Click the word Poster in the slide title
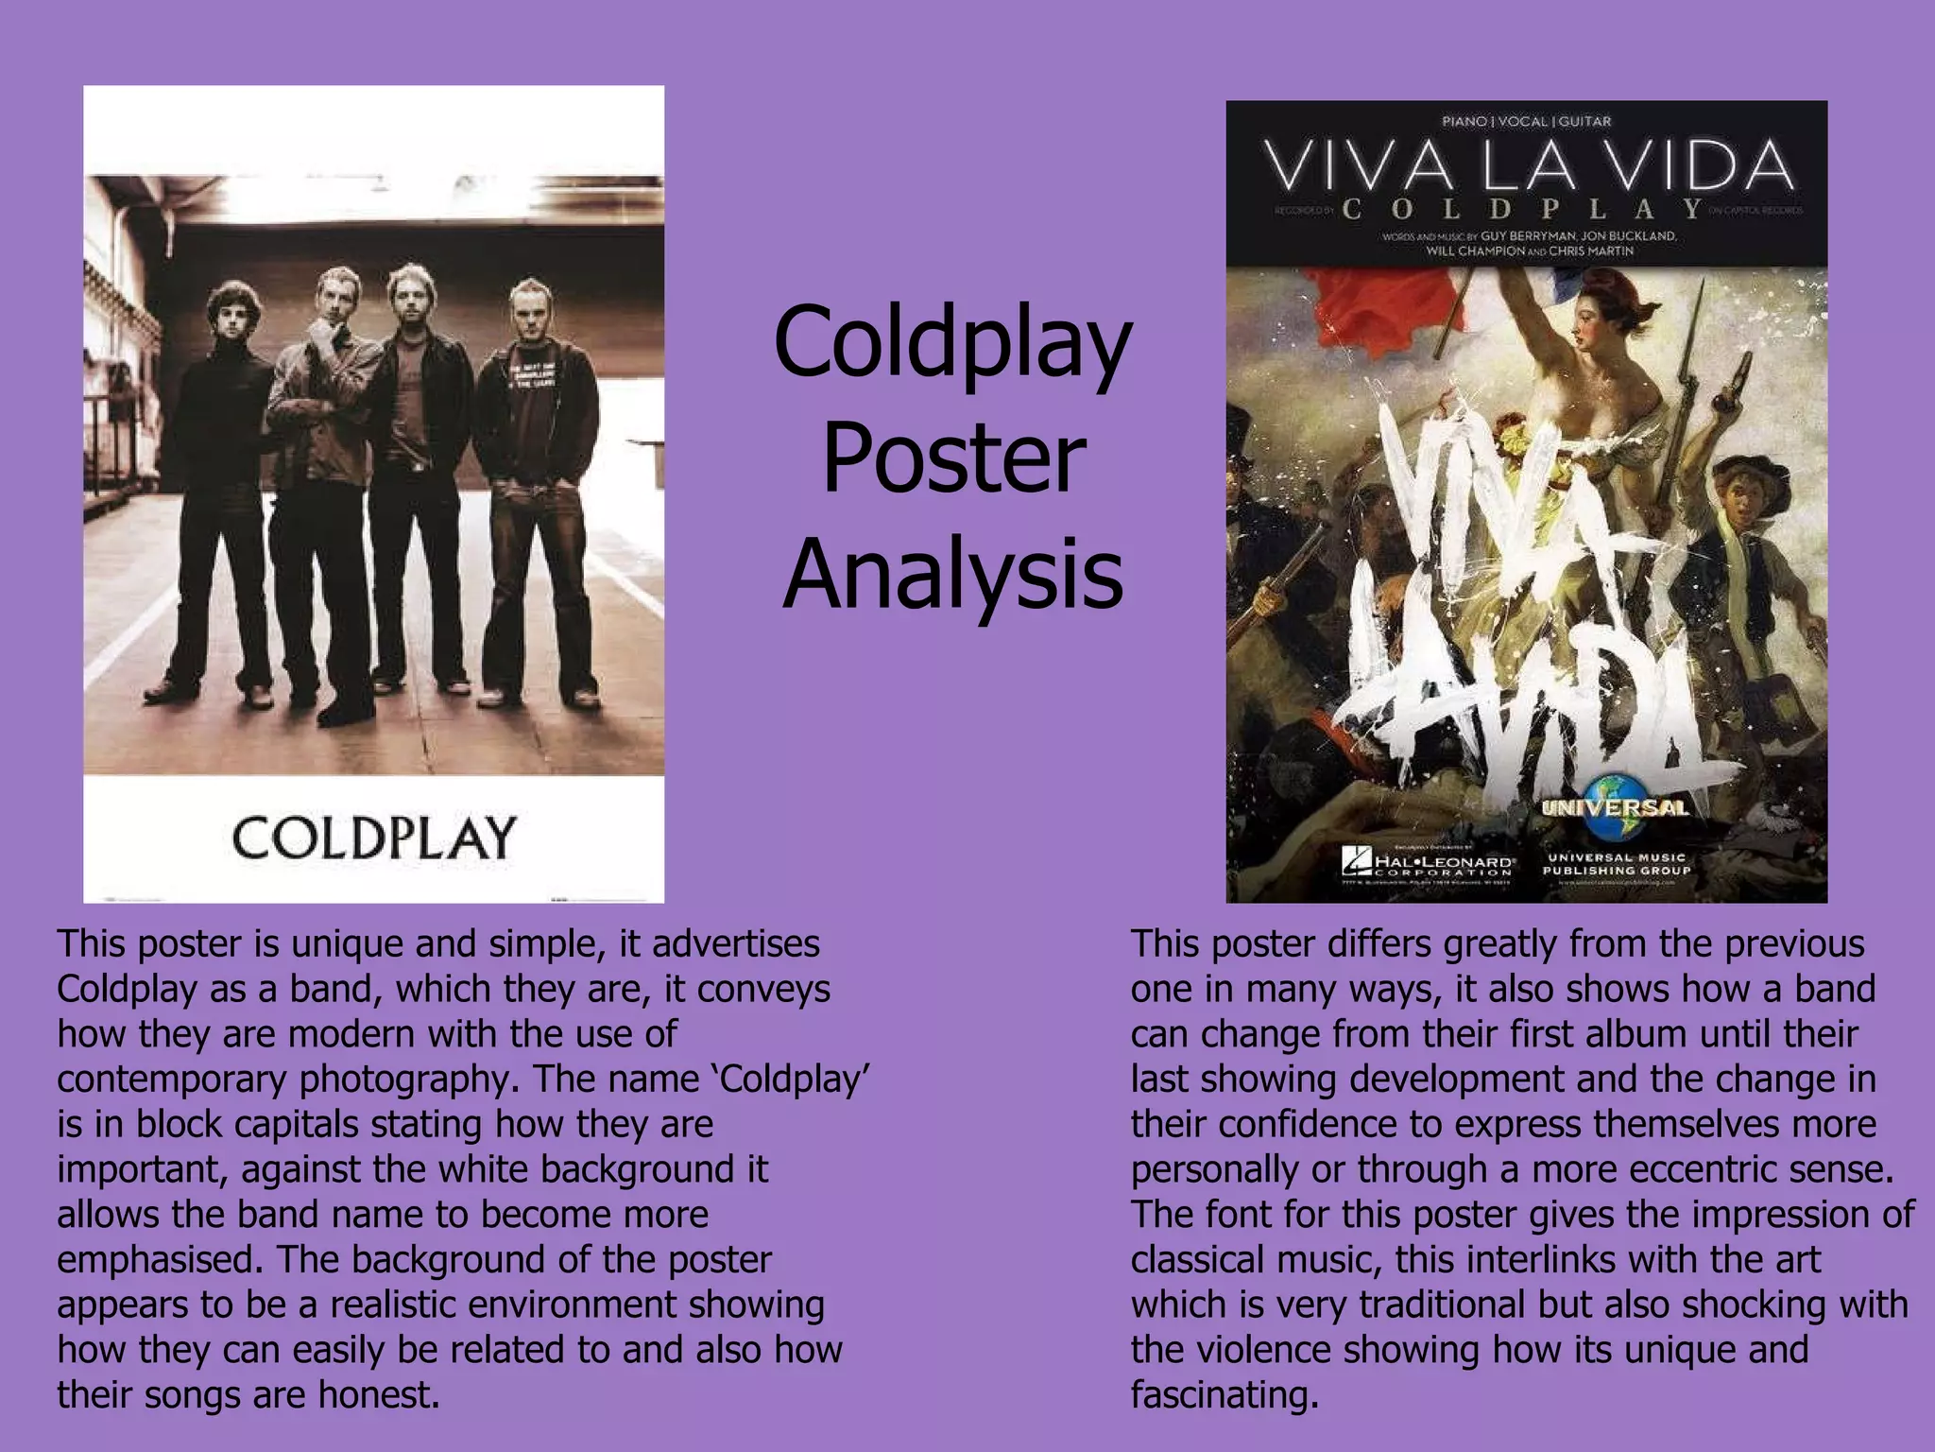[x=952, y=460]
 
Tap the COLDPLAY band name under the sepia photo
[x=374, y=838]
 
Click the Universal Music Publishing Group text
[x=1616, y=863]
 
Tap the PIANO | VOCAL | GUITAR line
[x=1526, y=121]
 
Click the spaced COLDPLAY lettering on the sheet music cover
[x=1523, y=209]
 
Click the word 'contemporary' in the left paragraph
[x=171, y=1080]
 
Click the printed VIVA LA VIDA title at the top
[x=1528, y=167]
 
